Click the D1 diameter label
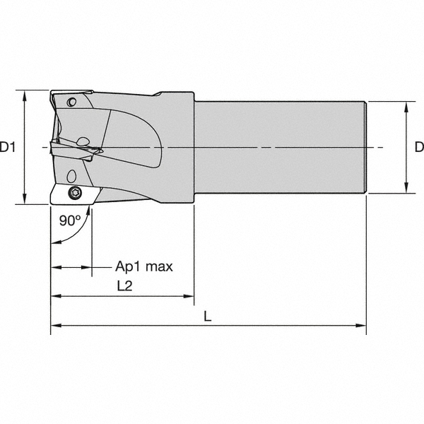[x=8, y=148]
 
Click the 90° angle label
[x=70, y=220]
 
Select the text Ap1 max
[x=144, y=266]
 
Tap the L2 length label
[x=124, y=285]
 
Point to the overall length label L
[x=207, y=316]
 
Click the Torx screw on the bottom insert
[x=73, y=193]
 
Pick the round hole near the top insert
[x=71, y=102]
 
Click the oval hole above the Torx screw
[x=71, y=176]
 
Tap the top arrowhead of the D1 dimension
[x=25, y=95]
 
